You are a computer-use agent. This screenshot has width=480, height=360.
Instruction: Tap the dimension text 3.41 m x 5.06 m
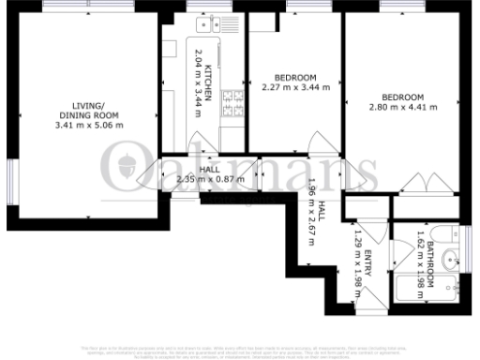pos(89,125)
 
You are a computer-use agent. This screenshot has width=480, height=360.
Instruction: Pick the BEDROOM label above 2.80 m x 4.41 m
pos(403,97)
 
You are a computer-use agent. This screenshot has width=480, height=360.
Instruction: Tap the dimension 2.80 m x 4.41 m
pos(403,109)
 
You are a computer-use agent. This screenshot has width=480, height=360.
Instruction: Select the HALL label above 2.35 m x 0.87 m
pos(209,169)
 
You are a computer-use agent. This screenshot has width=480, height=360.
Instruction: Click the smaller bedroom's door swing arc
pos(320,142)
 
